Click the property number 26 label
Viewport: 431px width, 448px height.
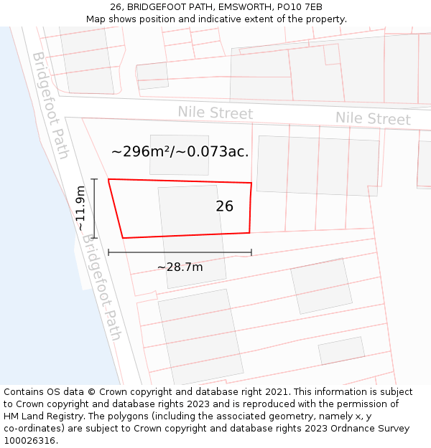point(224,206)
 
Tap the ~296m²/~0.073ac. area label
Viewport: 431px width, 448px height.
point(180,152)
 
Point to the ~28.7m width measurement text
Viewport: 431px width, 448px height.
point(180,267)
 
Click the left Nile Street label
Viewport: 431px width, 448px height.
point(215,113)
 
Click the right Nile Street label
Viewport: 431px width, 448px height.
point(373,118)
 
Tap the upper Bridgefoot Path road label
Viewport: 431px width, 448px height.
point(50,105)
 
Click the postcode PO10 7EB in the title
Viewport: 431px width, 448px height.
point(297,7)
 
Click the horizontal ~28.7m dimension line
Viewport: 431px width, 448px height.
point(180,252)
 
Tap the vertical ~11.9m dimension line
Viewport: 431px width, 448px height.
point(94,208)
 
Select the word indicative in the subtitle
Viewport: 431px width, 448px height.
point(241,19)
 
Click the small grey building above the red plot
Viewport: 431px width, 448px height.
point(179,155)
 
